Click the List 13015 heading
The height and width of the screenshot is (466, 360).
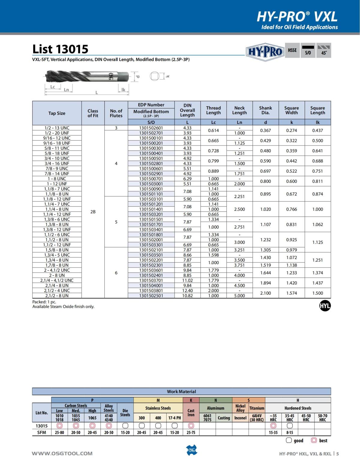pyautogui.click(x=60, y=49)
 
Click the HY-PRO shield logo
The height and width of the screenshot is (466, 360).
pyautogui.click(x=265, y=52)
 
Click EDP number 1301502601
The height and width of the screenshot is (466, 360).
pyautogui.click(x=151, y=128)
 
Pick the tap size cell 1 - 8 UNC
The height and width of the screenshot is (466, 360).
pyautogui.click(x=57, y=179)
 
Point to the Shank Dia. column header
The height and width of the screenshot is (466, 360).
pyautogui.click(x=265, y=110)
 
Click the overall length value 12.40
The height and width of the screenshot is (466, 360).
pyautogui.click(x=187, y=290)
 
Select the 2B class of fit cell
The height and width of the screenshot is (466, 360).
pyautogui.click(x=93, y=212)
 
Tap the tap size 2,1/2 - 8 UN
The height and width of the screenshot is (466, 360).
pyautogui.click(x=57, y=296)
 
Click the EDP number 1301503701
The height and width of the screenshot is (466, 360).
pyautogui.click(x=151, y=280)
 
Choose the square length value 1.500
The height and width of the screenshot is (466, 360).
pyautogui.click(x=317, y=293)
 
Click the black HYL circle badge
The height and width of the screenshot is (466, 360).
pyautogui.click(x=325, y=306)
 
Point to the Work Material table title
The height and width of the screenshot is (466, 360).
pyautogui.click(x=181, y=392)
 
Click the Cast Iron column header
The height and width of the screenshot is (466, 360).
pyautogui.click(x=191, y=413)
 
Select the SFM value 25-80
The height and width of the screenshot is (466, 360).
pyautogui.click(x=59, y=432)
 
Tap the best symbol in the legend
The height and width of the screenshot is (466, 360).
pyautogui.click(x=314, y=440)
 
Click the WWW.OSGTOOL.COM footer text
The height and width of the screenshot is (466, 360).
pyautogui.click(x=62, y=453)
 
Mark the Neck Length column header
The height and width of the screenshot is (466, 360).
pyautogui.click(x=239, y=110)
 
